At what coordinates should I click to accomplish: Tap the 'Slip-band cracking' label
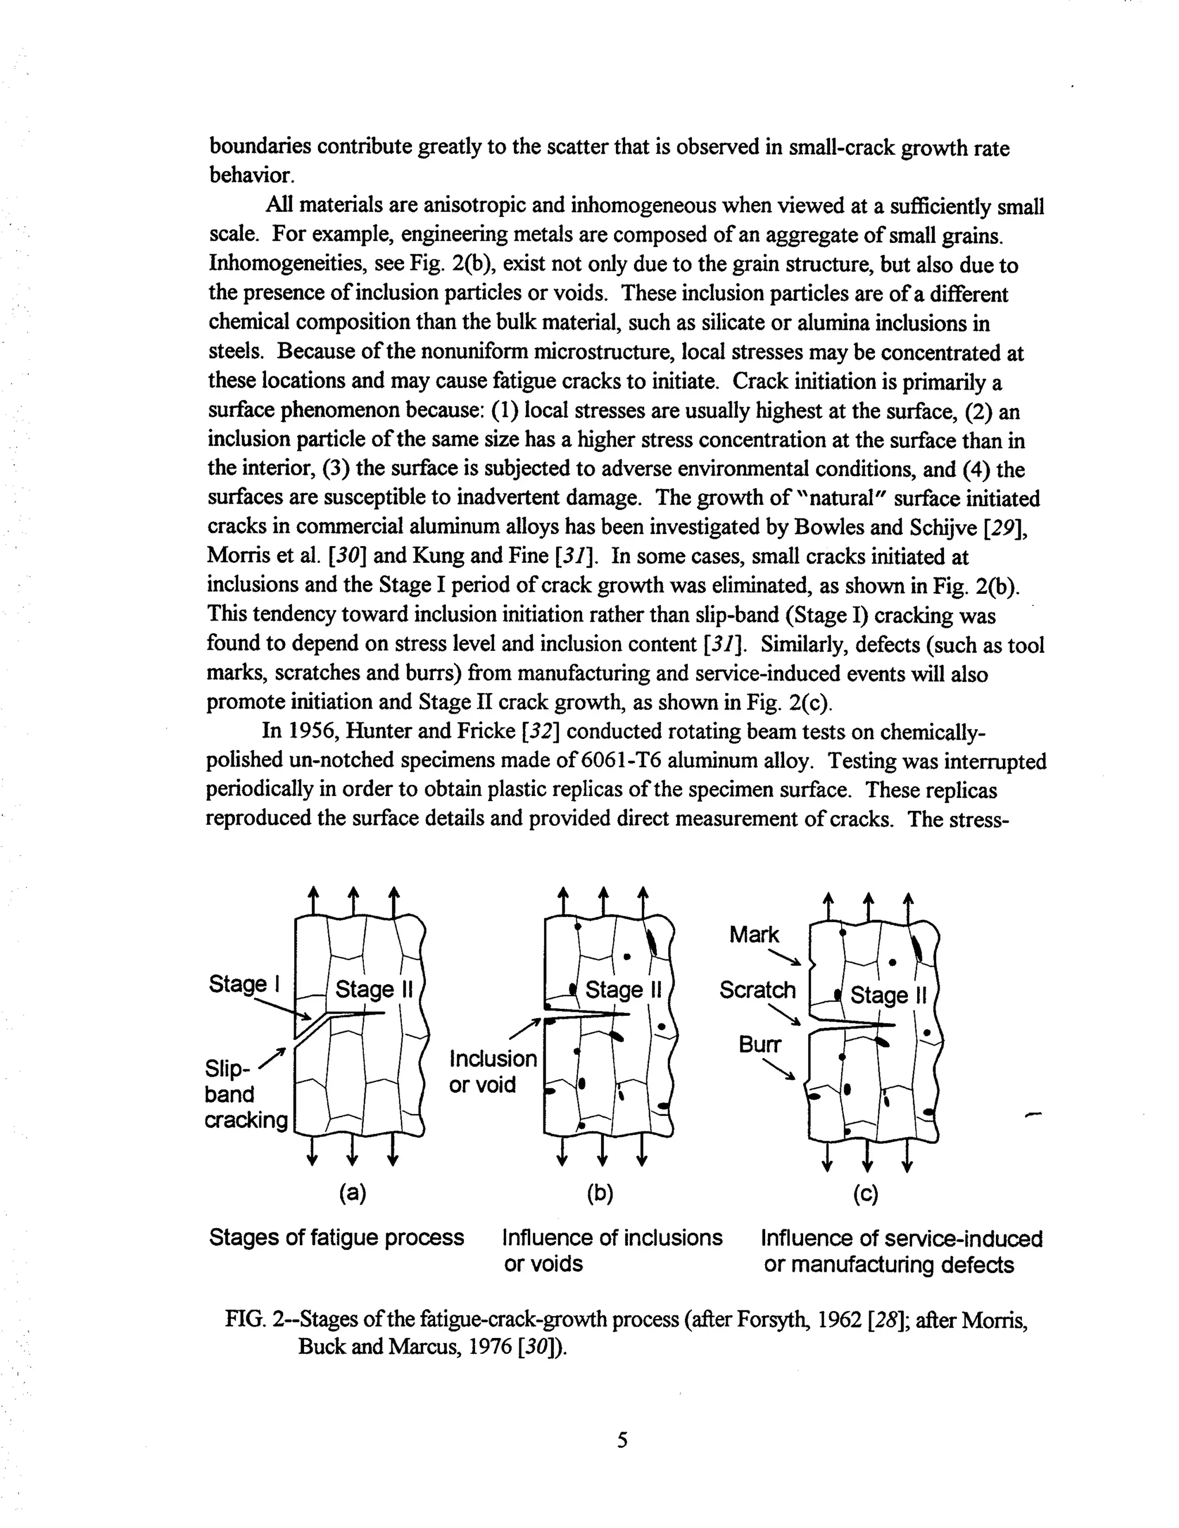(246, 1094)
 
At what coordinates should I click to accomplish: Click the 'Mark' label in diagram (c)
(754, 935)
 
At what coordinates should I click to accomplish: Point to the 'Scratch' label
(757, 990)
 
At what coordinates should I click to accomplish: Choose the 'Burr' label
(759, 1045)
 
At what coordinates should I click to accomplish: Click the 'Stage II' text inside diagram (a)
(374, 989)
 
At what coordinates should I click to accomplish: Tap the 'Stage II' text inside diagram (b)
(623, 990)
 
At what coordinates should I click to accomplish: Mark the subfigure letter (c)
(865, 1194)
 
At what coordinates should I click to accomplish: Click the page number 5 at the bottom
(622, 1440)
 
